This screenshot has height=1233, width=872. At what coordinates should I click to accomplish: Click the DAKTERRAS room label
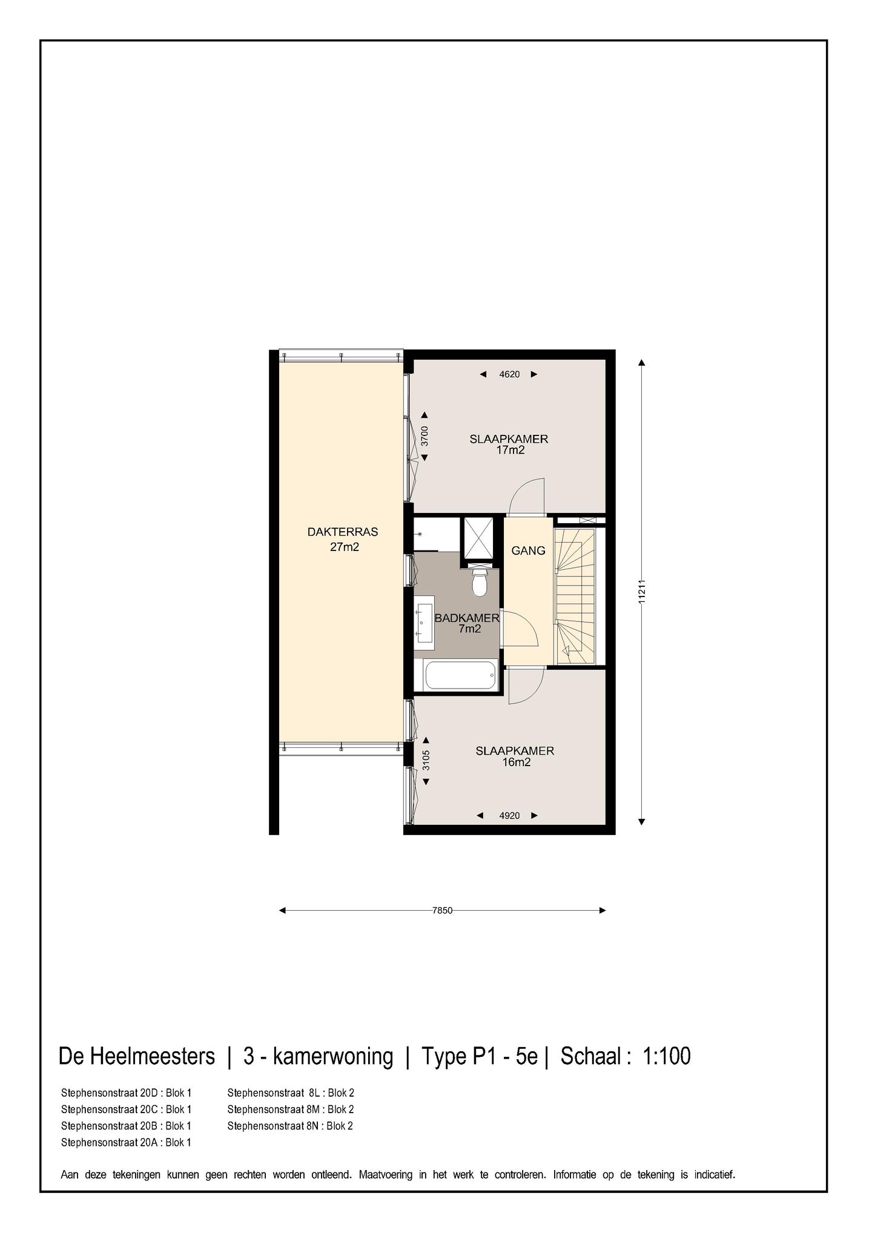343,532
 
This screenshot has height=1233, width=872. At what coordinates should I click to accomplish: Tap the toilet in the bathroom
480,583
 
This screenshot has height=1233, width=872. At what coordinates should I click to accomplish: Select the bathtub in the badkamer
460,675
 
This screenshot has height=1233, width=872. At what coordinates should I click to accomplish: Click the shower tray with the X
478,537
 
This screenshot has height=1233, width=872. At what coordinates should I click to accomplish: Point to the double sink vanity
424,620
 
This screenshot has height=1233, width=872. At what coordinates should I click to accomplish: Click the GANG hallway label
528,550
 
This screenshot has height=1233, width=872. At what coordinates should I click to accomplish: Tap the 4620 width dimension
509,374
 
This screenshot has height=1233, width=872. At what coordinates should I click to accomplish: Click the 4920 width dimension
509,816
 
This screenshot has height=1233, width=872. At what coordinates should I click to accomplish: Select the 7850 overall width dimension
443,910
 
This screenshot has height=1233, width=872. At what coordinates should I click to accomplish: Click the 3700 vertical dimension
424,436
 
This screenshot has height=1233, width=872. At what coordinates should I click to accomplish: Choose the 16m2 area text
516,762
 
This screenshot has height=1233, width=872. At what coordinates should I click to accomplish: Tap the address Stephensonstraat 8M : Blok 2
290,1109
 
